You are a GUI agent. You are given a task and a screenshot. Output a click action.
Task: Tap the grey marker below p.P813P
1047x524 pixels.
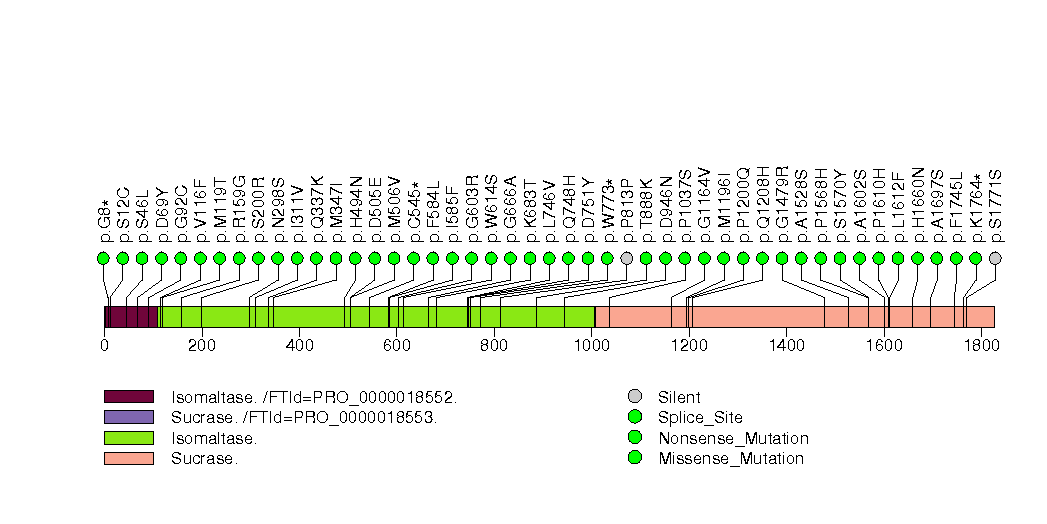click(x=627, y=258)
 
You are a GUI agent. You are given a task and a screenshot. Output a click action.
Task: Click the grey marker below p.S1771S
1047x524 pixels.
click(x=995, y=258)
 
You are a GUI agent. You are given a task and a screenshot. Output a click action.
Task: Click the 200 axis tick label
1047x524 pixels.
click(x=201, y=345)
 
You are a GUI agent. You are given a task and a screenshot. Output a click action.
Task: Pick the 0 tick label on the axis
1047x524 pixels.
click(x=104, y=345)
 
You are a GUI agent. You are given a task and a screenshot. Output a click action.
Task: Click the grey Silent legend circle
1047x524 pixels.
click(x=634, y=397)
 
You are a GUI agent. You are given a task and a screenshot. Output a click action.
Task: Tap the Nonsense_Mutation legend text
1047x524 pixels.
click(x=733, y=438)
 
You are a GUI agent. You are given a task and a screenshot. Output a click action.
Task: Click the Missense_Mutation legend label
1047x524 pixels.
click(x=730, y=459)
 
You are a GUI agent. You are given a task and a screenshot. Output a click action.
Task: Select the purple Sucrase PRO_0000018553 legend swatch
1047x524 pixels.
click(x=128, y=417)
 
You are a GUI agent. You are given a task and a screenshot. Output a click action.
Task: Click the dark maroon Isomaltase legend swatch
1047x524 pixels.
click(x=128, y=397)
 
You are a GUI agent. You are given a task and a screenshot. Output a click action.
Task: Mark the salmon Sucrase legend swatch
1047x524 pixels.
click(x=128, y=458)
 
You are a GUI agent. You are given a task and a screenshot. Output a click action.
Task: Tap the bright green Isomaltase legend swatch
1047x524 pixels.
click(x=128, y=438)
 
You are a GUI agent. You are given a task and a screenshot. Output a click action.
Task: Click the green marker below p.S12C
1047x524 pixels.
click(x=123, y=258)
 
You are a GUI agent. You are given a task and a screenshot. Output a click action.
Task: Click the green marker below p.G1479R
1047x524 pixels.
click(x=782, y=258)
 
